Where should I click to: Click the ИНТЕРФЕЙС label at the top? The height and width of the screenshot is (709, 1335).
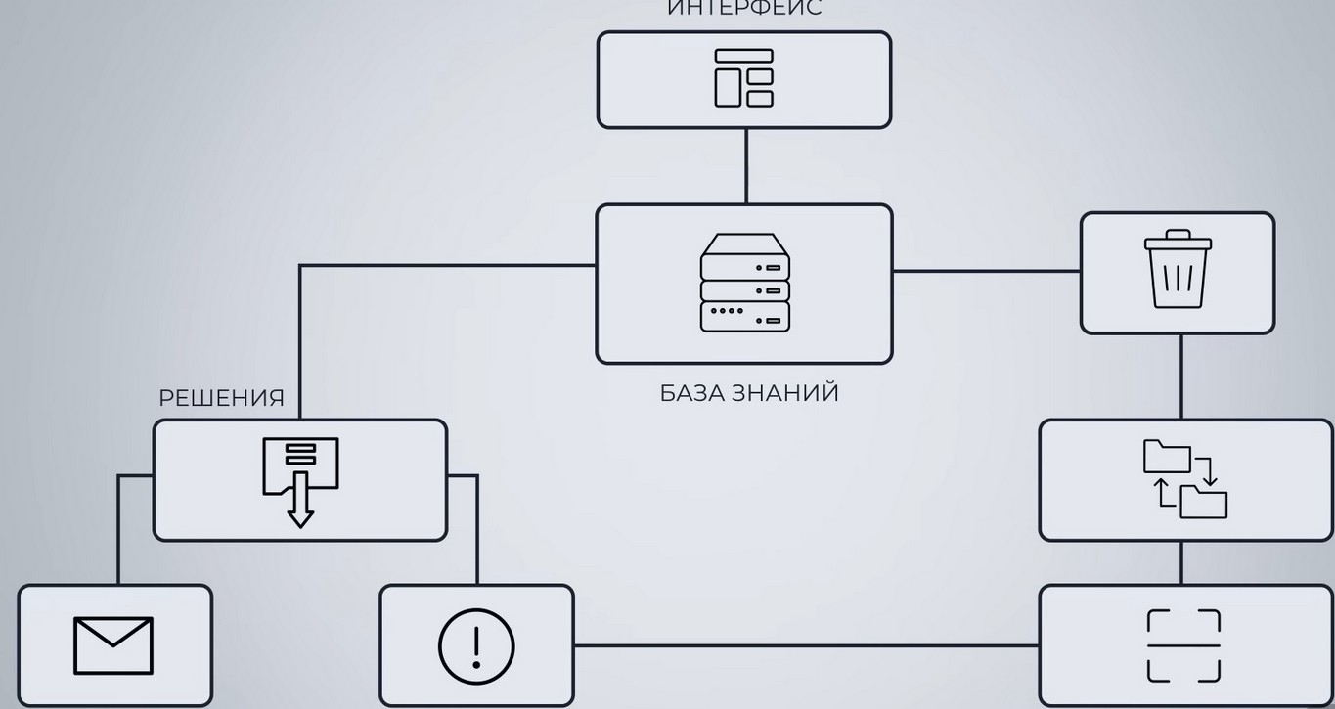[x=744, y=9]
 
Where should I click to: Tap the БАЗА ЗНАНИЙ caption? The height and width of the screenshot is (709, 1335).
[x=749, y=393]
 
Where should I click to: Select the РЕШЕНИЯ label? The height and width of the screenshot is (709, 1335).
[x=221, y=399]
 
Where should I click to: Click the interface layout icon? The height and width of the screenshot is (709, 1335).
[x=743, y=78]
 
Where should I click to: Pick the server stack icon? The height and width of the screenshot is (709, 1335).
[x=744, y=283]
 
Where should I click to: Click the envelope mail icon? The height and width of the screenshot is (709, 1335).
[x=113, y=645]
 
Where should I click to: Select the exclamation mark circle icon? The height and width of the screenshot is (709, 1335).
[x=476, y=645]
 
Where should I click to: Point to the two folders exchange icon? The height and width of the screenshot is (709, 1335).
[x=1184, y=479]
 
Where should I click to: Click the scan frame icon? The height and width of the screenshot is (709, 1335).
[x=1183, y=645]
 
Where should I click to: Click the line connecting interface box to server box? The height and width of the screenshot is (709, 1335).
[x=746, y=166]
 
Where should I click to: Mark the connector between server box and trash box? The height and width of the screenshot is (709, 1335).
[x=986, y=271]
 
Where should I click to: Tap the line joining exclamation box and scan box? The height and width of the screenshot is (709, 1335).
[x=806, y=645]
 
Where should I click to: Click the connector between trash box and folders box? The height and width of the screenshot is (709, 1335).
[x=1180, y=377]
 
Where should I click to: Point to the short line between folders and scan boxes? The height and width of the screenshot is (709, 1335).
[x=1180, y=562]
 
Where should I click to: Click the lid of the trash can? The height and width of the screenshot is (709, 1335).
[x=1178, y=240]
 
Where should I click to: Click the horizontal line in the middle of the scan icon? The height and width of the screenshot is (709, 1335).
[x=1183, y=645]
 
